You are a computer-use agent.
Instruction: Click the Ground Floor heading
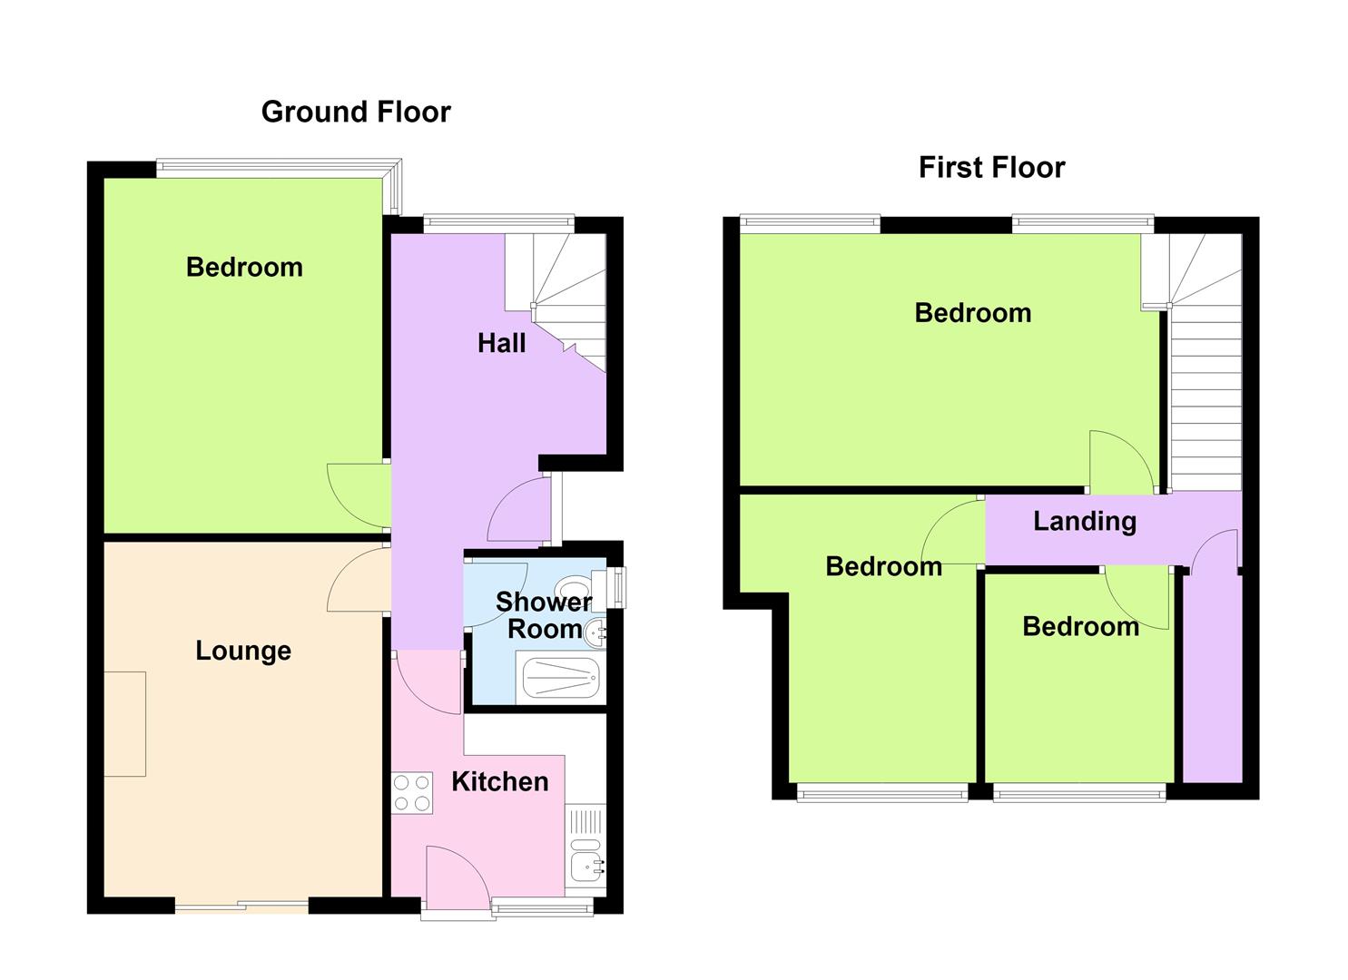click(x=356, y=113)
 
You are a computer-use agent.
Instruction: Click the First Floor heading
click(x=992, y=168)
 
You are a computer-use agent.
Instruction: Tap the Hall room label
click(x=501, y=344)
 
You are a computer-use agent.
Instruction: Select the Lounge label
click(x=243, y=651)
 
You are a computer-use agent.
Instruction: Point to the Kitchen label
click(x=500, y=782)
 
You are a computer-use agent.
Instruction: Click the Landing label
click(x=1085, y=522)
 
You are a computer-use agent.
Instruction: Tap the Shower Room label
click(x=544, y=615)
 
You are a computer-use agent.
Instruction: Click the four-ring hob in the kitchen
click(x=412, y=793)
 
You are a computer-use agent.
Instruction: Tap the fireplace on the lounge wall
click(x=125, y=724)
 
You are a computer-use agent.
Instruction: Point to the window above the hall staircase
click(x=499, y=223)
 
